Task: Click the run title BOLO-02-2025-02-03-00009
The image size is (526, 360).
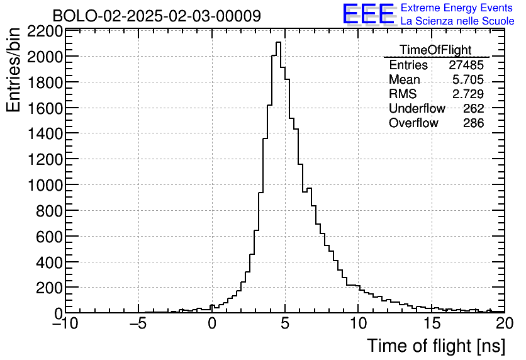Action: pos(157,16)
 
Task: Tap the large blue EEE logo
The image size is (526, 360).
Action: pos(369,14)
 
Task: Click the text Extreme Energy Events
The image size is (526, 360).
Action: pos(457,8)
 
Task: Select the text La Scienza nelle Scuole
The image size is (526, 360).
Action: pos(457,21)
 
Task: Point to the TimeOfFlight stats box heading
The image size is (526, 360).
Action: pos(435,50)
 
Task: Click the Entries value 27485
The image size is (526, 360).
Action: pos(466,65)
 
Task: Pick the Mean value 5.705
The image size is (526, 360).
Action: pos(468,80)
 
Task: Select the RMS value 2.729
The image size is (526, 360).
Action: pos(468,94)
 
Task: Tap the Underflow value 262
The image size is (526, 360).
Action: pos(473,109)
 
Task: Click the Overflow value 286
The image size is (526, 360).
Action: pos(473,123)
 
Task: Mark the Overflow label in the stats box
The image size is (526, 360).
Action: pos(413,123)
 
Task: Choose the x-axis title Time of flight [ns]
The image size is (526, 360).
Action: pos(435,346)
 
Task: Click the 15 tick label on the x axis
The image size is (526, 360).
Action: pos(431,324)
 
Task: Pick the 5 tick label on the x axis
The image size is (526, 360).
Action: pos(285,324)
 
